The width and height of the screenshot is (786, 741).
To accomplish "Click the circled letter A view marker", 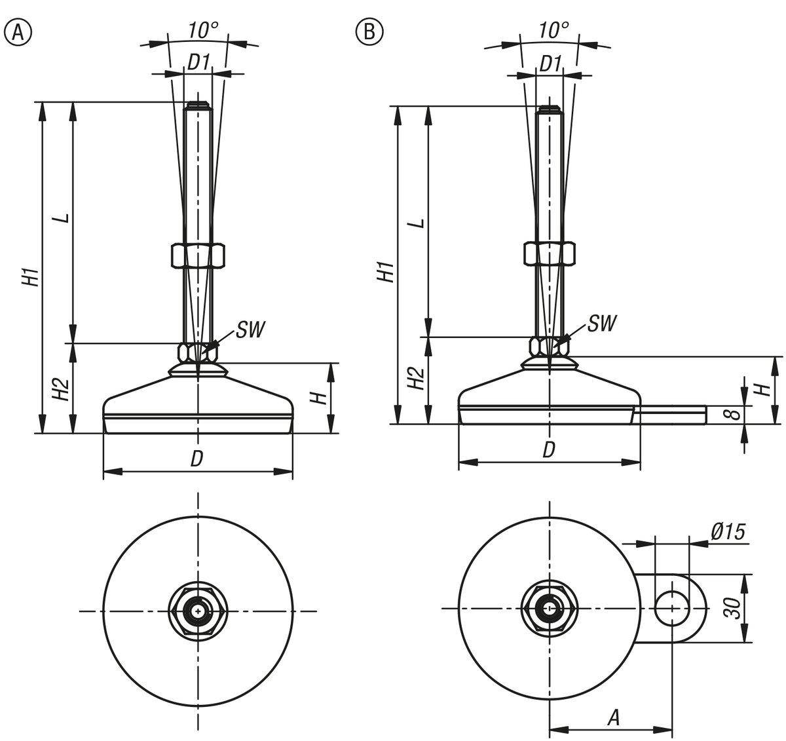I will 18,31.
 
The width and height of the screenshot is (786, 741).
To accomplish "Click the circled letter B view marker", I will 369,31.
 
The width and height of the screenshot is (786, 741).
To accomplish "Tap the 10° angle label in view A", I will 202,29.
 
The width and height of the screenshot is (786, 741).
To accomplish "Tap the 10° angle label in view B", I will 553,29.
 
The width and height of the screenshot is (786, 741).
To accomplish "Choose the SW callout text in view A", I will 250,330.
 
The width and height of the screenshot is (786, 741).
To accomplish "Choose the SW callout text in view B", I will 601,323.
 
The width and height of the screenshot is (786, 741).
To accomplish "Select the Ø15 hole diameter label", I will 727,532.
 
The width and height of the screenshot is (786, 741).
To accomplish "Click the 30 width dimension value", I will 734,609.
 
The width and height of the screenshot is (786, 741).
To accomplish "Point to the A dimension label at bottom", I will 612,718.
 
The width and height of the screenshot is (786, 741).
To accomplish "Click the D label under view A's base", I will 196,459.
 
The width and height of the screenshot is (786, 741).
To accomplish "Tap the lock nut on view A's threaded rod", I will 198,255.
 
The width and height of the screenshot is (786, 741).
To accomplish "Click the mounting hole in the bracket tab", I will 671,608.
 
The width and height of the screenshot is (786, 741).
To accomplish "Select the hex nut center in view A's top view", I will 197,611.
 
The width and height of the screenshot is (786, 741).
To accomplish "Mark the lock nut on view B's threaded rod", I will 549,254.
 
